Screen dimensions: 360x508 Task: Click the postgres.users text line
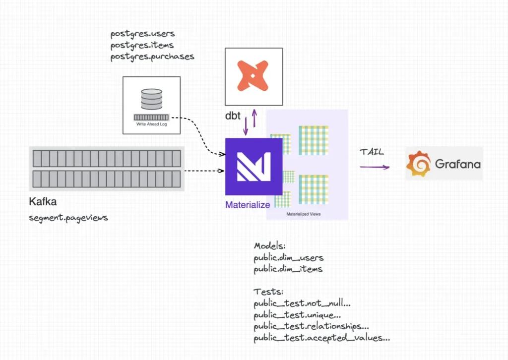(142, 34)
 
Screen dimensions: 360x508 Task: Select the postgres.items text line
(142, 45)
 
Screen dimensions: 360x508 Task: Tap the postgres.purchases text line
(152, 57)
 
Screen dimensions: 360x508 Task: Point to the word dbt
(233, 117)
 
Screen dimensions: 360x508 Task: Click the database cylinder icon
(151, 99)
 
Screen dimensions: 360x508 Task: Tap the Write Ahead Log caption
(151, 124)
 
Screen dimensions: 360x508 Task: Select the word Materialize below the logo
(248, 204)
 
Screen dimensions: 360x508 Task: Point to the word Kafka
(44, 202)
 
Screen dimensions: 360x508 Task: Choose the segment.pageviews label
(68, 218)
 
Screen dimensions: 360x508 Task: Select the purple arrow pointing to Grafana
(375, 167)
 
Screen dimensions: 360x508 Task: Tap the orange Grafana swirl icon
(418, 165)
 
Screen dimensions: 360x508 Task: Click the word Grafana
(457, 164)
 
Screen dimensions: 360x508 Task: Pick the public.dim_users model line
(288, 258)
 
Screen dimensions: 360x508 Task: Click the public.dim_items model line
(288, 269)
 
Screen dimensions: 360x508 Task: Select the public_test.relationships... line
(311, 327)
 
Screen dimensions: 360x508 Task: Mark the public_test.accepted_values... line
(321, 338)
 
